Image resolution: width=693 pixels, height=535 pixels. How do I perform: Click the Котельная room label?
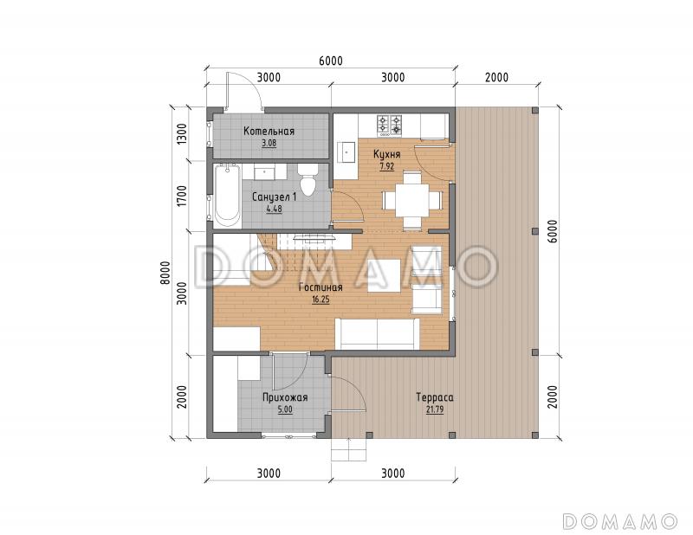269,132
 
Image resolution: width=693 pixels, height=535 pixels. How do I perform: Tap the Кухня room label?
386,154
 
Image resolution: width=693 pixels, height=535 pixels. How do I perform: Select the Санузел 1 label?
274,197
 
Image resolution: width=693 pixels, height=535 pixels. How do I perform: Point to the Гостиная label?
321,287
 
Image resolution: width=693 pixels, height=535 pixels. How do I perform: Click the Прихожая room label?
285,397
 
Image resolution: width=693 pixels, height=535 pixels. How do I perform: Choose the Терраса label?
435,397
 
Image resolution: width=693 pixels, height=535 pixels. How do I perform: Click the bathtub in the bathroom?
228,197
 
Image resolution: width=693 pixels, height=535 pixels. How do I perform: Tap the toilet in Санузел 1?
307,181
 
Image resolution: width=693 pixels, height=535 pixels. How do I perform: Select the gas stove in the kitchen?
390,125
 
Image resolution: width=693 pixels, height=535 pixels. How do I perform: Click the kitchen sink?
347,152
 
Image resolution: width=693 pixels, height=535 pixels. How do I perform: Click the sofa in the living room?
377,333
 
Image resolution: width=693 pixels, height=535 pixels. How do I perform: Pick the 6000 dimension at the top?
331,61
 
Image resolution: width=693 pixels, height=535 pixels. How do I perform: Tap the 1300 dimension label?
181,134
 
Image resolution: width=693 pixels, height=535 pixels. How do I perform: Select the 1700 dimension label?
181,197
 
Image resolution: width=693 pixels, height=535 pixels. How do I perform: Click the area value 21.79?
435,409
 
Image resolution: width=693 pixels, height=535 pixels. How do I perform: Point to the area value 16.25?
321,300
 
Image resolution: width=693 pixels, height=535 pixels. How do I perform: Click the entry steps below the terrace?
349,449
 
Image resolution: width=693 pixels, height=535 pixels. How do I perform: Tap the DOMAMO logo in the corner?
620,521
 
